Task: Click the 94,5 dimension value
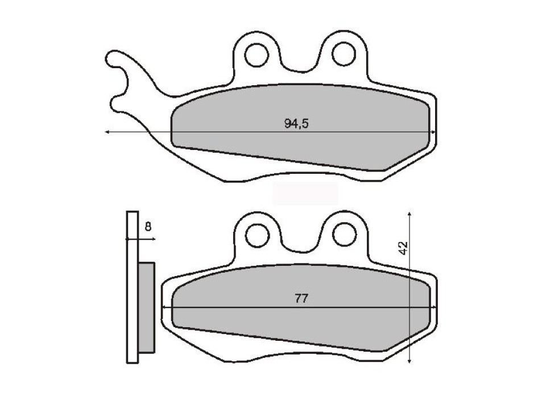(296, 124)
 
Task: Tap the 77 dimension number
(301, 299)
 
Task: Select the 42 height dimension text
(403, 248)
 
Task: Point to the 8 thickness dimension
(148, 227)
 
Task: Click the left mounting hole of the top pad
(256, 55)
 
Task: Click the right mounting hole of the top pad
(343, 55)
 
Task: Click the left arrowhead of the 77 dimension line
(165, 307)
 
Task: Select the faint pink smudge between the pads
(305, 194)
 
